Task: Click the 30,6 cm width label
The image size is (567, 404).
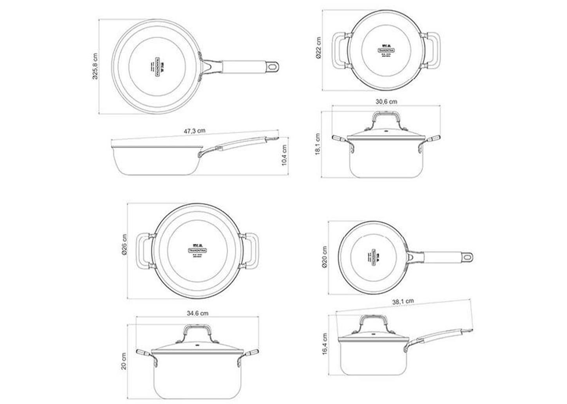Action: [x=386, y=101]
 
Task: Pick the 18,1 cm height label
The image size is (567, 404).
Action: [x=317, y=144]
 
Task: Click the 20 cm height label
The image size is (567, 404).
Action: [x=124, y=361]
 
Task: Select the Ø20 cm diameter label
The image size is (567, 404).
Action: [x=324, y=257]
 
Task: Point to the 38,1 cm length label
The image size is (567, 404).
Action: [x=403, y=302]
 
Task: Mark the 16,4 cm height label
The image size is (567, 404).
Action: [x=324, y=344]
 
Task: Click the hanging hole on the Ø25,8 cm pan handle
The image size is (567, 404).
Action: [x=273, y=67]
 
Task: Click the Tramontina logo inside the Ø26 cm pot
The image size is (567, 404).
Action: [x=198, y=249]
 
